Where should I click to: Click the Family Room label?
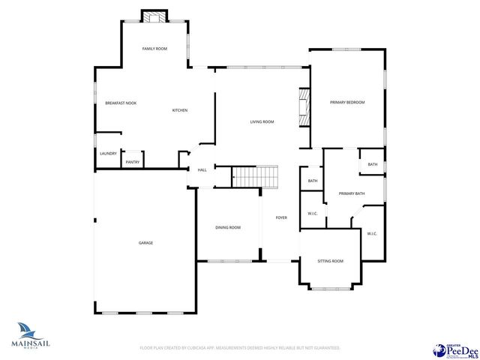(154, 49)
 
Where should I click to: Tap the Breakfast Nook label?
(120, 103)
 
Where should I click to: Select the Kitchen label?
(180, 110)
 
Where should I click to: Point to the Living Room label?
(262, 121)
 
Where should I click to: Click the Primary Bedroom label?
(347, 102)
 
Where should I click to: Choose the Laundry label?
(108, 154)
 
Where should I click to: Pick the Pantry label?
(133, 162)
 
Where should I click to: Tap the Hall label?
(202, 170)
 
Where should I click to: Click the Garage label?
(145, 243)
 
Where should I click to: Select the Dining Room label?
(228, 227)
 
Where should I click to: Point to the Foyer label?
(281, 217)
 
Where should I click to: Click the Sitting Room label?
(330, 261)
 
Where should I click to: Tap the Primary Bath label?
(351, 193)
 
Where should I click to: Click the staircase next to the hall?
(254, 178)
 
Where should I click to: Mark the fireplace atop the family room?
(154, 17)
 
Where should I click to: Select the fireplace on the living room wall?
(304, 110)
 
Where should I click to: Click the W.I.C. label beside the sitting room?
(372, 233)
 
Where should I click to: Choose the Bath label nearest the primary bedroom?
(372, 164)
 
